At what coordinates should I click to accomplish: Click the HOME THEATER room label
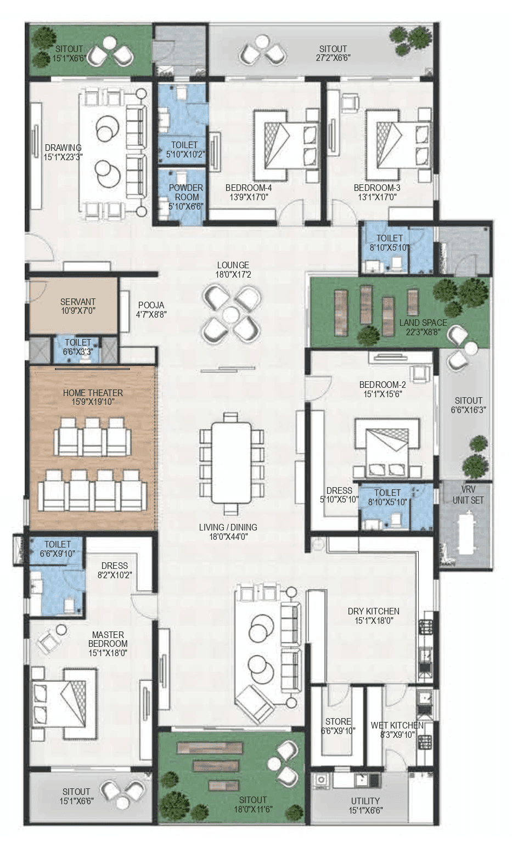point(93,393)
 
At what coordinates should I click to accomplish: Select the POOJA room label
point(151,305)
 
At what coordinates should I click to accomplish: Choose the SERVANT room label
point(78,302)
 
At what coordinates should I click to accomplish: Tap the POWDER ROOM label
point(186,192)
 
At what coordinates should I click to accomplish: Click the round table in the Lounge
point(231,315)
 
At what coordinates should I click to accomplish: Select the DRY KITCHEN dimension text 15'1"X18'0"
point(373,621)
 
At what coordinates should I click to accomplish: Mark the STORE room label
point(338,721)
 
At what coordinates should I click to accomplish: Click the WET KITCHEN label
point(397,725)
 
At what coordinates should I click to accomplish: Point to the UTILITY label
point(365,800)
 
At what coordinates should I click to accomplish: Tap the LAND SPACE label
point(423,323)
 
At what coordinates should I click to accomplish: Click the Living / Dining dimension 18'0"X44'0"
point(228,537)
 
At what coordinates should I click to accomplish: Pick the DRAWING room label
point(63,148)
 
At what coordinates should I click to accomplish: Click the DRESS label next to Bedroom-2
point(339,490)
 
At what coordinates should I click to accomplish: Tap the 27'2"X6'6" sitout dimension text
point(333,58)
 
